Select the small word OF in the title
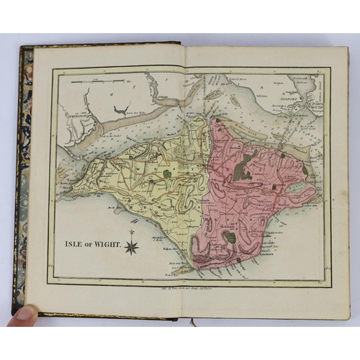tap(89, 244)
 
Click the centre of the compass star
tap(132, 248)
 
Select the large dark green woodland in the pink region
tap(248, 164)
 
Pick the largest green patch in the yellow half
tap(166, 174)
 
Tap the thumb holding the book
tap(26, 313)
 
